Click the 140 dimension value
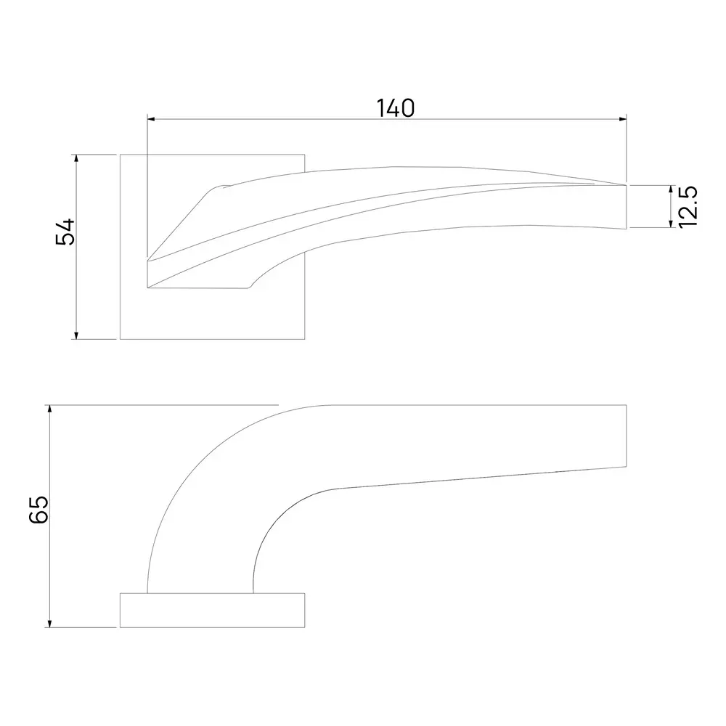pos(396,107)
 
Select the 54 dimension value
pos(66,232)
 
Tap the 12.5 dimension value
pos(689,207)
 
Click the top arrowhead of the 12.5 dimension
pos(670,189)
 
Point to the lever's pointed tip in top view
pos(624,186)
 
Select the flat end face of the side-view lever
pos(626,435)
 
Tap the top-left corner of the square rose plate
pos(121,155)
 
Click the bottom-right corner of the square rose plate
pos(304,339)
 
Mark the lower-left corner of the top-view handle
pos(148,287)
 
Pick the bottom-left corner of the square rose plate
pos(121,339)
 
